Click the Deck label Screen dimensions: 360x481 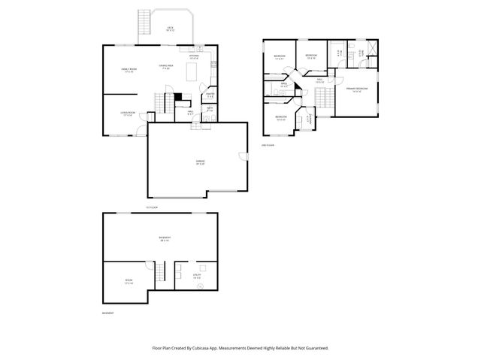(170, 29)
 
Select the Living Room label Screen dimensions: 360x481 (126, 114)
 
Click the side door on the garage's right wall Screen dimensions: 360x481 (244, 156)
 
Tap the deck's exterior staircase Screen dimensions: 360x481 (141, 28)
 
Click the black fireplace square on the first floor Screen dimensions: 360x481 (177, 95)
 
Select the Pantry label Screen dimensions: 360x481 (210, 95)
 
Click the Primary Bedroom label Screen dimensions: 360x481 (356, 89)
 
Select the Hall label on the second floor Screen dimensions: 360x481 (319, 80)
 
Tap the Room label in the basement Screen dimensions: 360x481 (128, 282)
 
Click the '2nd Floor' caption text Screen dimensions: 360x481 (268, 144)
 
